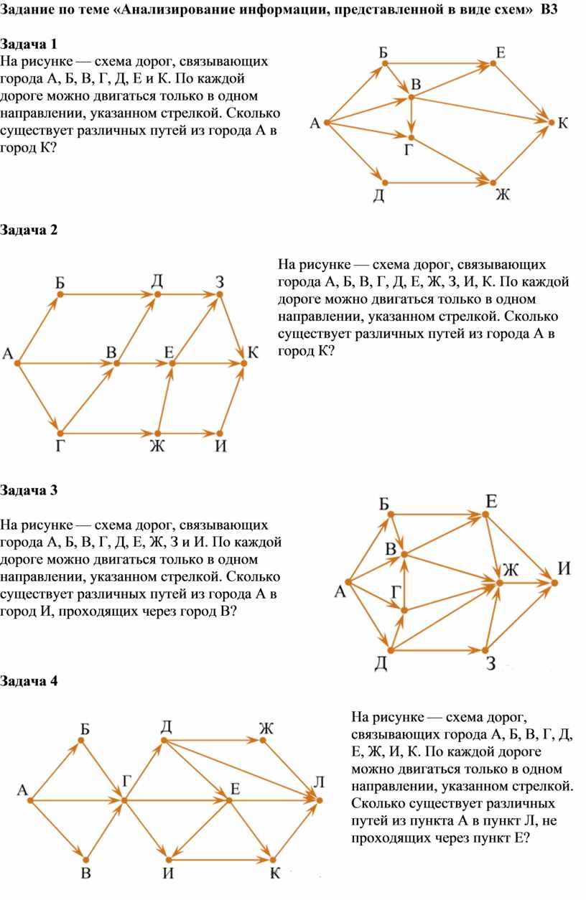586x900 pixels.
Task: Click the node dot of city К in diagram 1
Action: point(551,123)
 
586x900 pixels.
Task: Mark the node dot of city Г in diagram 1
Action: point(411,136)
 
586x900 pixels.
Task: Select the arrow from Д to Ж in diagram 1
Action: point(438,183)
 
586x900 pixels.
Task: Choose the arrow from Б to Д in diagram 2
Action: point(108,294)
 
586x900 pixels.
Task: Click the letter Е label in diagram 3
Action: point(490,501)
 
